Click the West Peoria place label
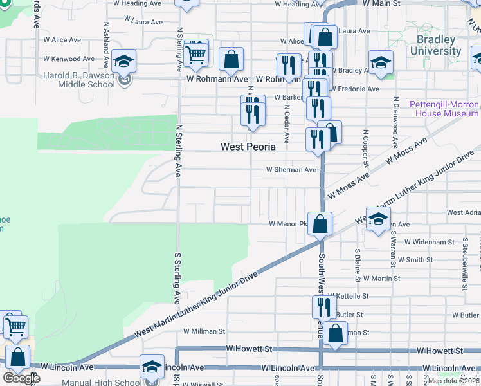248,147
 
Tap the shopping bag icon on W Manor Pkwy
320,224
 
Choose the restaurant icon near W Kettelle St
324,307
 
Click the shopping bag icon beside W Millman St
335,333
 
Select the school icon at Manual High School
152,366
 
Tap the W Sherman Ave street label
292,170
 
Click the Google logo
21,378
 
